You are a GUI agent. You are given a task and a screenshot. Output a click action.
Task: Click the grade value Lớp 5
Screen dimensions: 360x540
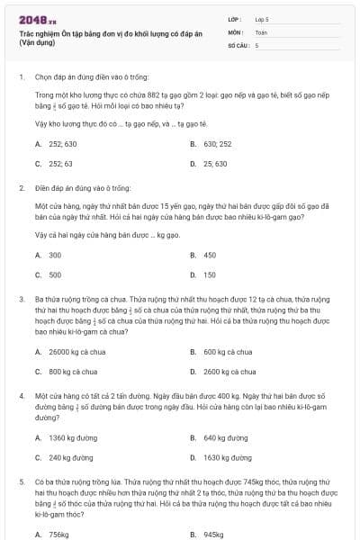(x=262, y=18)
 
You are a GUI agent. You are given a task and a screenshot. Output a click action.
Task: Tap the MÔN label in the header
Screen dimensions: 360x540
(x=236, y=31)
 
